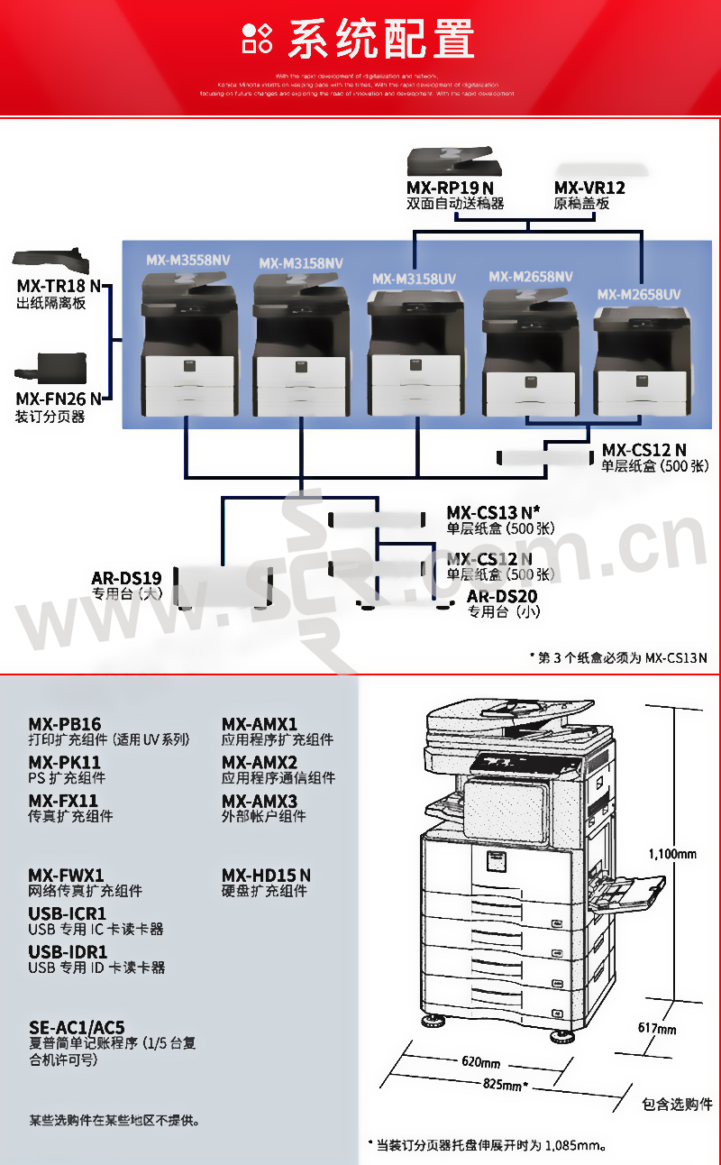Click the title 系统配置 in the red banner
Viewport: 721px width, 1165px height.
point(379,39)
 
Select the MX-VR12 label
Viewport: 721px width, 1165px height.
point(589,188)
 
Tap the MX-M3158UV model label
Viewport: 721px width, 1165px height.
point(414,279)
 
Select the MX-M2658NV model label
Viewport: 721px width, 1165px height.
point(531,276)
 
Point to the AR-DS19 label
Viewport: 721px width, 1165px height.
point(126,578)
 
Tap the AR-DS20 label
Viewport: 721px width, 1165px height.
point(501,596)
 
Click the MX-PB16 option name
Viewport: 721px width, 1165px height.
point(65,724)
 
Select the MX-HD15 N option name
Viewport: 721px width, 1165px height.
point(266,875)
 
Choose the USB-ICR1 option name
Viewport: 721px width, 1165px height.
point(68,913)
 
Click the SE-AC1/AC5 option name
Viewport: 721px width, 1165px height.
point(77,1027)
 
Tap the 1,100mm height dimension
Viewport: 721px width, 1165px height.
point(672,853)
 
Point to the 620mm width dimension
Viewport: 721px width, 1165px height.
point(480,1062)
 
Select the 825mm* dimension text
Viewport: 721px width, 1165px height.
point(505,1085)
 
